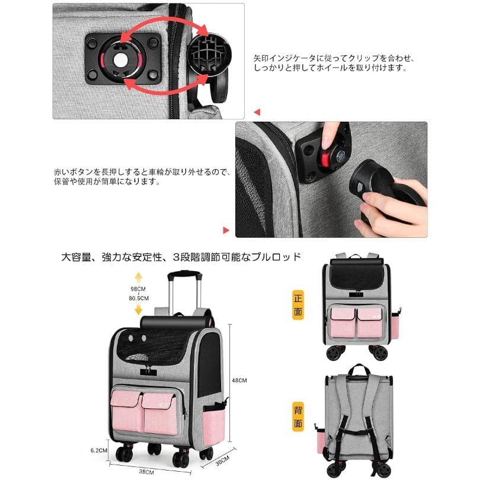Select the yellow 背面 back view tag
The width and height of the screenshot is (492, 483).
click(x=298, y=417)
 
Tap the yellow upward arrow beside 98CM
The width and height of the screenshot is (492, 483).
click(x=138, y=278)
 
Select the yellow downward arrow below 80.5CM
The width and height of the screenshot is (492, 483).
click(x=138, y=309)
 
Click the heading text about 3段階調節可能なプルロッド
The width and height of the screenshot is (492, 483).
click(x=181, y=257)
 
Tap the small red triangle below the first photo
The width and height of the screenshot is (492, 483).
click(x=257, y=112)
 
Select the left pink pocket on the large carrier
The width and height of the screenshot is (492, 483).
click(x=126, y=411)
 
